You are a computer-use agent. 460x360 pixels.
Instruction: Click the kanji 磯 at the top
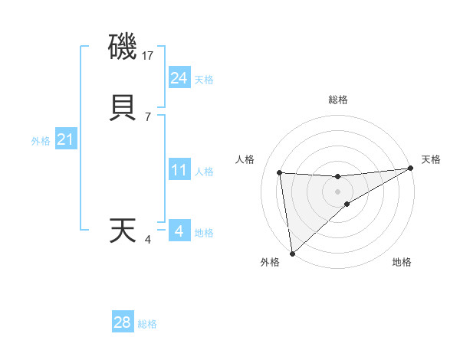click(x=123, y=48)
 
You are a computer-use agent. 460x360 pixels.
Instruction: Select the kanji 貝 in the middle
click(x=123, y=107)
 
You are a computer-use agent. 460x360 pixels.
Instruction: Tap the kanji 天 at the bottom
click(x=123, y=231)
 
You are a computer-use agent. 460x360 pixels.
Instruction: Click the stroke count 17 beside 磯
click(x=149, y=56)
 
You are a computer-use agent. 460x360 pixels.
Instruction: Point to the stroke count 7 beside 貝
click(x=148, y=116)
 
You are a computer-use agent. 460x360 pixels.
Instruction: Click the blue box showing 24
click(x=179, y=78)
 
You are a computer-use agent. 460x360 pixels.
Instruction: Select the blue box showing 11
click(x=179, y=170)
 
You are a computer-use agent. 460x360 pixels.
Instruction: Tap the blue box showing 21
click(x=65, y=139)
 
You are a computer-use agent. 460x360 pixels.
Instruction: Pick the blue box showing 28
click(x=123, y=322)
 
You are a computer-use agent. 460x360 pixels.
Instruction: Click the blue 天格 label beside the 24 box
click(x=204, y=80)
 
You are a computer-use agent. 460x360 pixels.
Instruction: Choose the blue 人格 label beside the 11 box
click(x=204, y=172)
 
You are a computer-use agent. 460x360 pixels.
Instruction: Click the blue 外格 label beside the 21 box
click(x=41, y=141)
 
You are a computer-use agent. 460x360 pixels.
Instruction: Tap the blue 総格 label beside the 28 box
click(x=147, y=324)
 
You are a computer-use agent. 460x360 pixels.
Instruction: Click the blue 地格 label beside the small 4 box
click(x=204, y=233)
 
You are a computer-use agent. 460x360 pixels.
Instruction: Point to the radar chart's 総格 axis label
click(x=337, y=100)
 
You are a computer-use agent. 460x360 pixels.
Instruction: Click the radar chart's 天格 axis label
click(x=431, y=159)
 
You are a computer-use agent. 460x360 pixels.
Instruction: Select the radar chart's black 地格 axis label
click(x=402, y=262)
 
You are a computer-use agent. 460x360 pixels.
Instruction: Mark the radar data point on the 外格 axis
click(x=291, y=253)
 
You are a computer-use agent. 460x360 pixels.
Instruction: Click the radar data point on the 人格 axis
click(x=279, y=172)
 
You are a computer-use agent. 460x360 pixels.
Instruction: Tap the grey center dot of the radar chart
click(x=337, y=191)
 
